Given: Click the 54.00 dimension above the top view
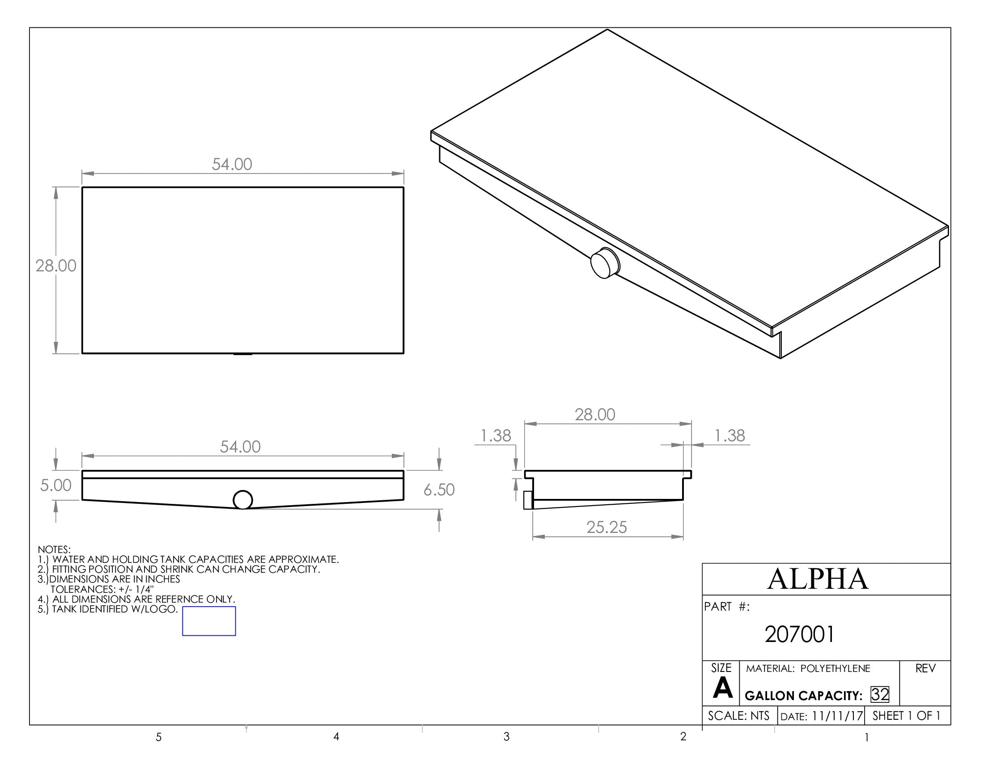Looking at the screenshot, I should coord(232,165).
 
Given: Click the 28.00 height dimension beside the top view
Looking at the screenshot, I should coord(56,266).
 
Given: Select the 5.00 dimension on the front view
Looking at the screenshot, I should coord(56,486).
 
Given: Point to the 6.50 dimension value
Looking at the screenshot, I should coord(439,490).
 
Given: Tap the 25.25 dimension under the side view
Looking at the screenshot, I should coord(607,527).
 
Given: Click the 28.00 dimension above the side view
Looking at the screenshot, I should coord(595,415).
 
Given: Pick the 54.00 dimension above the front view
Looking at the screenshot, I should coord(240,447).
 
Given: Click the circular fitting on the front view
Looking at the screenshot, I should coord(243,500).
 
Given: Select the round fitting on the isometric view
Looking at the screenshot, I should coord(605,263).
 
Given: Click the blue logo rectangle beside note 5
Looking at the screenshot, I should coord(209,621).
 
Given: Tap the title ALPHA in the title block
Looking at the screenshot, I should coord(818,579).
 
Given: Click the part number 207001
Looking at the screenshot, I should coord(799,634).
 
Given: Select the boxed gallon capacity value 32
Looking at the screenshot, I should coord(879,695).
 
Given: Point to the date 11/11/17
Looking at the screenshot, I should coord(837,716).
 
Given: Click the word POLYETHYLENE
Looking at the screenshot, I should coord(836,669).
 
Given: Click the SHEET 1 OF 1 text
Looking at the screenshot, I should coord(907,716).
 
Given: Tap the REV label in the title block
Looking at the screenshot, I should coord(925,669).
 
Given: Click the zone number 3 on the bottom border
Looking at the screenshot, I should coord(506,737).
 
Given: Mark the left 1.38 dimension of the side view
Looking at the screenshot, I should coord(496,436).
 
